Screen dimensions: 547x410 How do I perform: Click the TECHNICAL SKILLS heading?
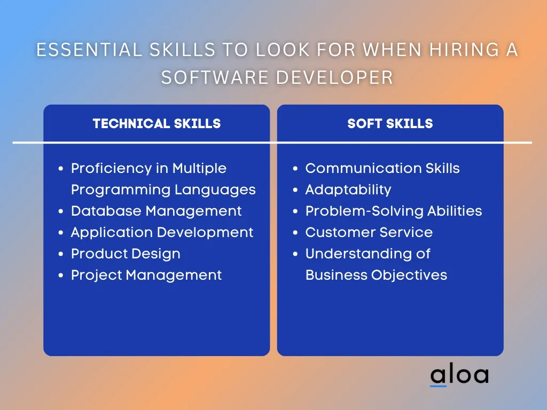point(157,123)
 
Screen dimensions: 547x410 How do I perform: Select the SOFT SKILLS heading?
point(390,123)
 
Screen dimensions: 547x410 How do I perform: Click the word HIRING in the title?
point(463,50)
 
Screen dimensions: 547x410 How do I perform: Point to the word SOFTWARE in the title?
point(215,77)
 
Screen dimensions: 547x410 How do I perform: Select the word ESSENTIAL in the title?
point(89,50)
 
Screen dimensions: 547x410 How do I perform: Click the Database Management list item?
point(157,211)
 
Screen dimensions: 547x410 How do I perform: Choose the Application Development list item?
point(162,233)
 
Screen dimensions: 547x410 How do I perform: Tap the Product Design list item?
point(126,254)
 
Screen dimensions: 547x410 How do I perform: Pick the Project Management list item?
point(146,275)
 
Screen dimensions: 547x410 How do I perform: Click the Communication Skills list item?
point(382,168)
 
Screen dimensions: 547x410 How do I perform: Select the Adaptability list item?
point(348,190)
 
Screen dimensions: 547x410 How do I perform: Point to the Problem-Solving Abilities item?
point(394,211)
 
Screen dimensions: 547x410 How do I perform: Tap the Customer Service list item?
point(369,232)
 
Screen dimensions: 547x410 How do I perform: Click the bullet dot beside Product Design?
point(61,254)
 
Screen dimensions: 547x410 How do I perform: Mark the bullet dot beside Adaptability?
point(295,190)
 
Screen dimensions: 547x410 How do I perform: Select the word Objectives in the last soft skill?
point(409,275)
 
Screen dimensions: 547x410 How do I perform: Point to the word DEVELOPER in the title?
point(335,77)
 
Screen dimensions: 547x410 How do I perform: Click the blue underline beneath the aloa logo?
point(438,386)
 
